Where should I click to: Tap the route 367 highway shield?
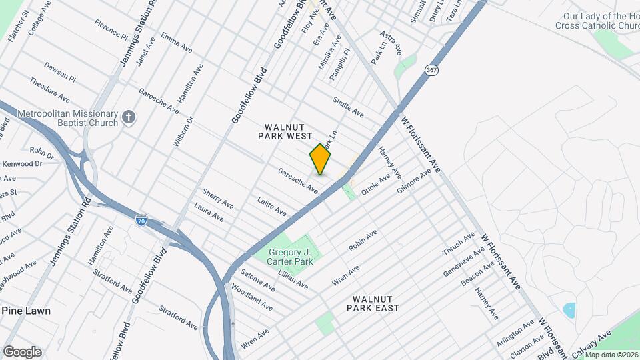tap(432, 69)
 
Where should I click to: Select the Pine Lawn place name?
tap(25, 311)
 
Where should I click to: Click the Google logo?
tap(22, 351)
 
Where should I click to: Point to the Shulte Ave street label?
tap(348, 106)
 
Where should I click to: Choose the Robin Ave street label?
tap(363, 240)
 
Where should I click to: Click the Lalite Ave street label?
tap(272, 206)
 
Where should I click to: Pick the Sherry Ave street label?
tap(218, 198)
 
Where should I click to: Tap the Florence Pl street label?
tap(110, 29)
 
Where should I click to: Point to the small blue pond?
tap(569, 310)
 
